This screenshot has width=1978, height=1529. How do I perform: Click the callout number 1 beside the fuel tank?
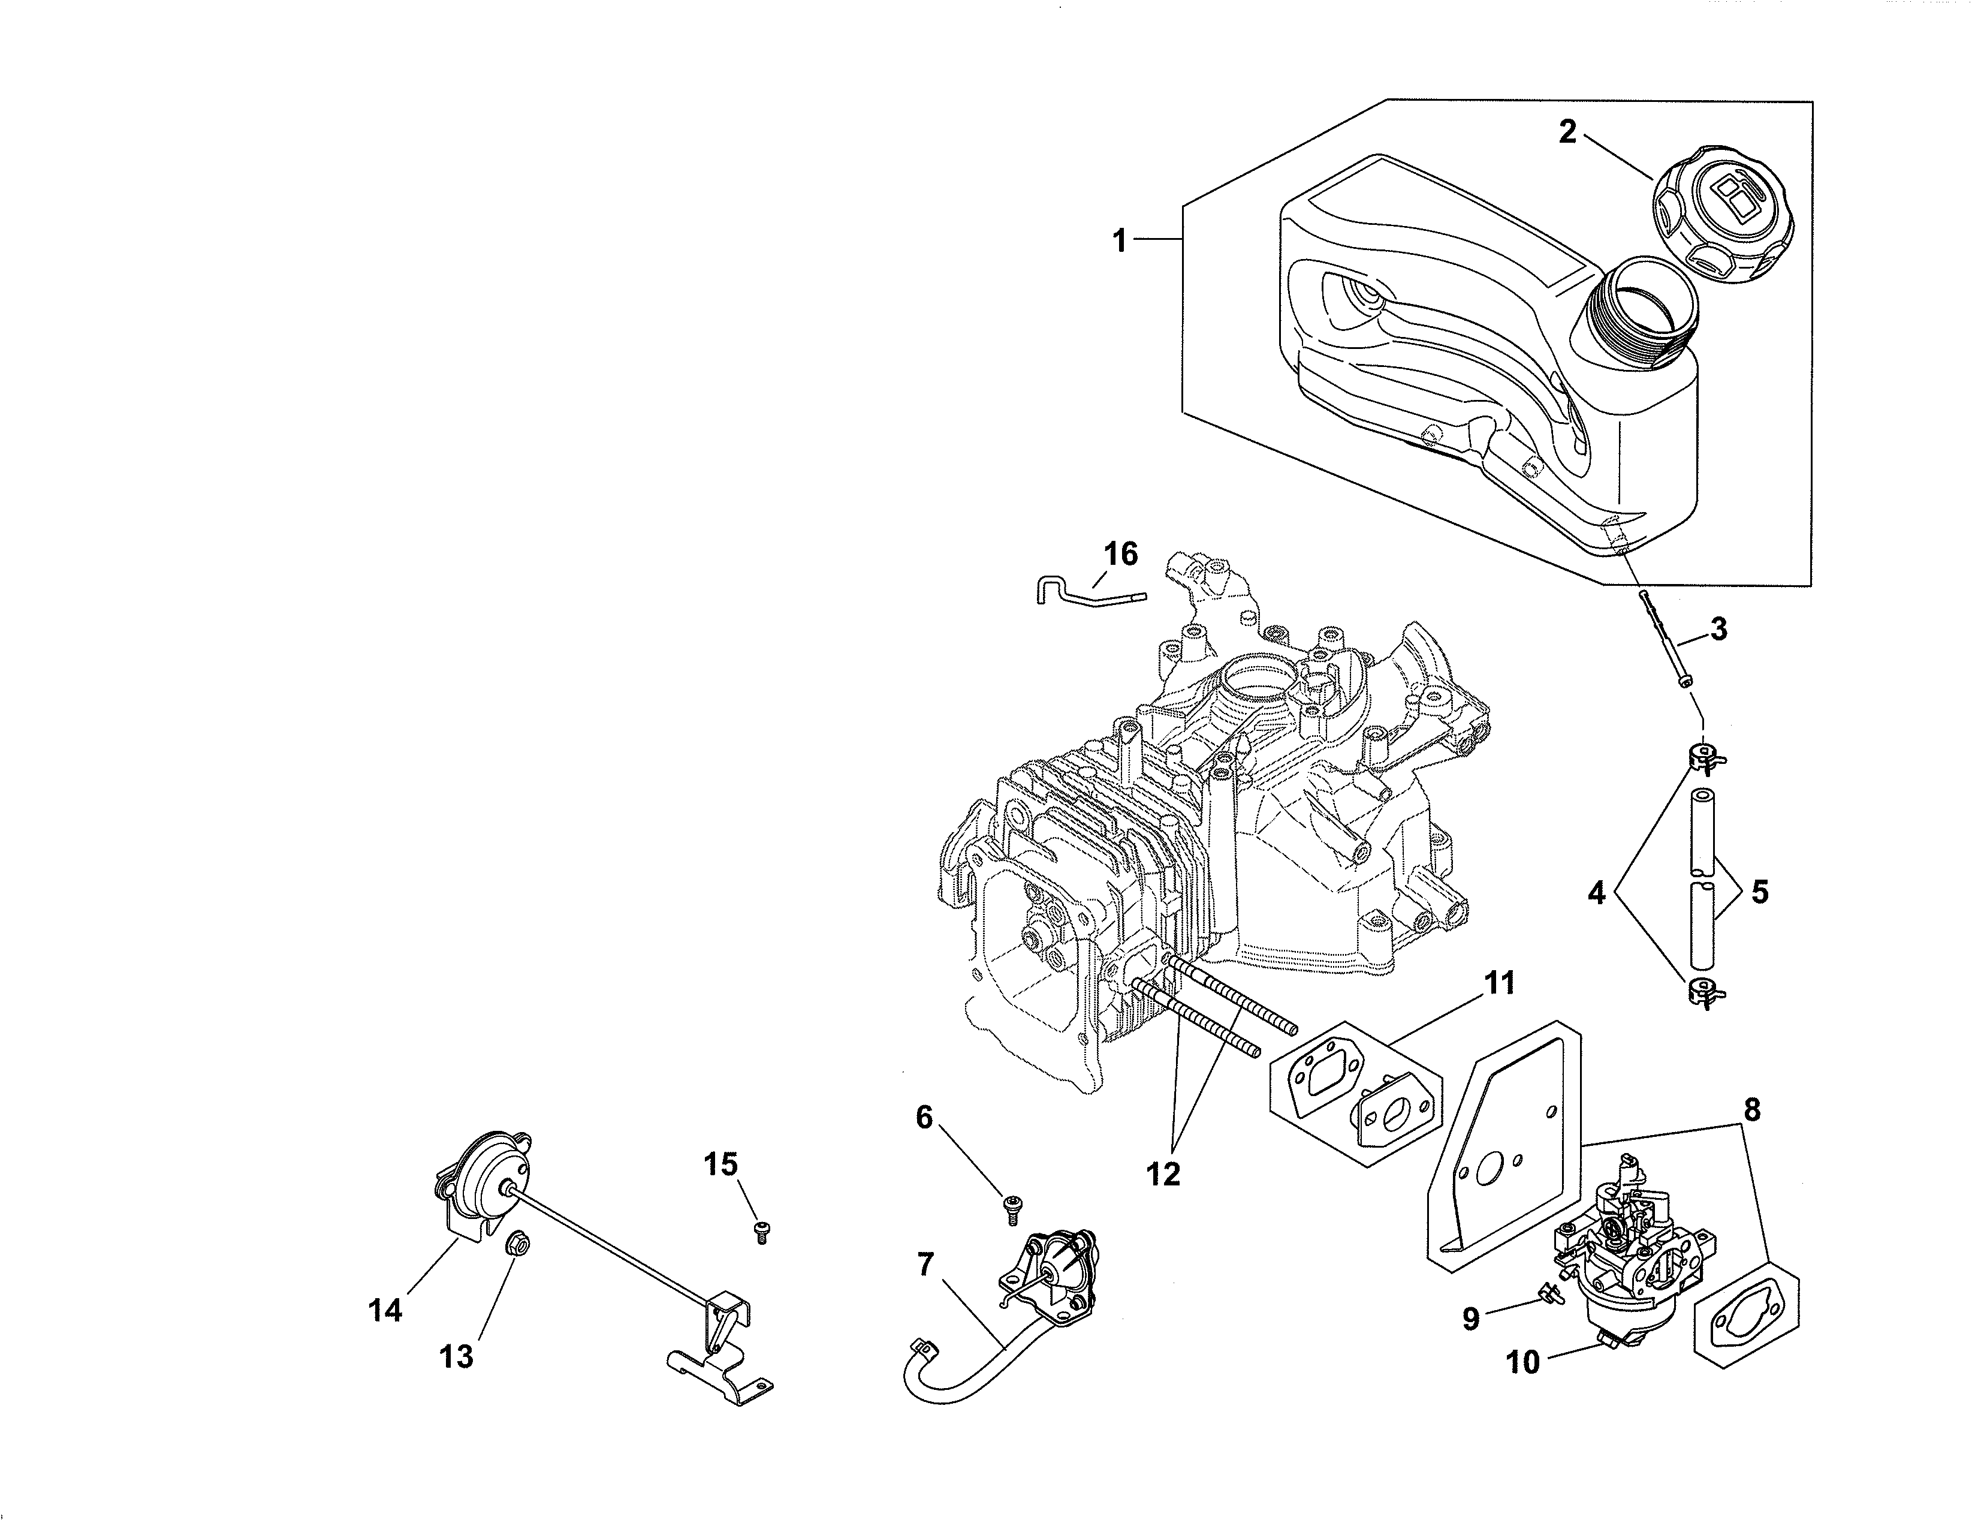[1120, 241]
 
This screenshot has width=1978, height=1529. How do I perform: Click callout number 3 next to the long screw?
[1718, 628]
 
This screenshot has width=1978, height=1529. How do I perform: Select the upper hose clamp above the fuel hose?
[1703, 759]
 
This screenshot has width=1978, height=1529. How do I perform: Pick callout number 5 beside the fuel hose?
[1759, 892]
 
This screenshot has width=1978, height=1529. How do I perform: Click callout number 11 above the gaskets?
[1499, 983]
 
